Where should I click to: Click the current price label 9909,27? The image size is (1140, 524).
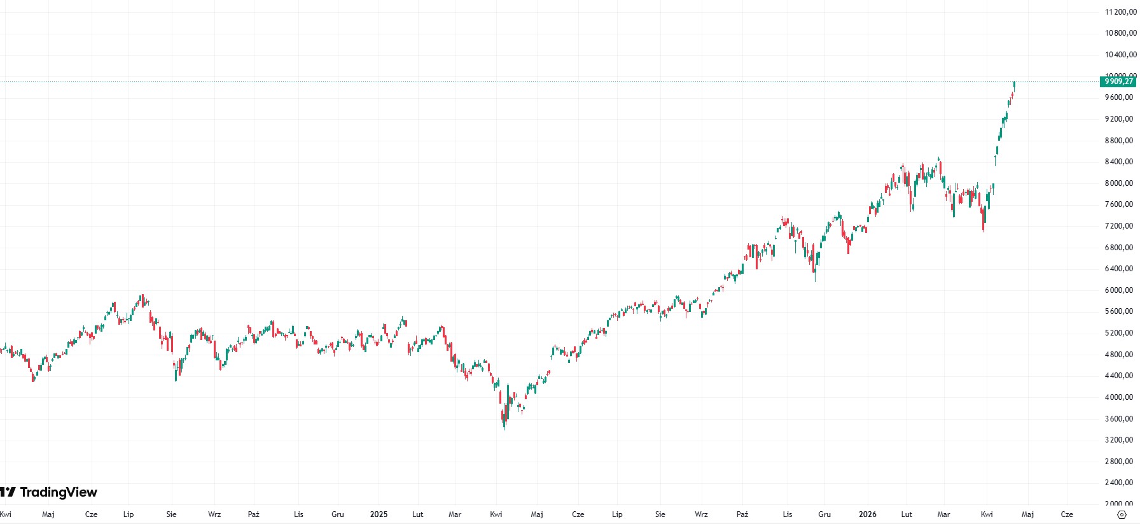1118,81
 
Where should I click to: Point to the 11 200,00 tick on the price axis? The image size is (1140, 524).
1119,12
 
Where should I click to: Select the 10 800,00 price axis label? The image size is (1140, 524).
1119,33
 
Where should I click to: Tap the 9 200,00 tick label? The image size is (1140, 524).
1119,119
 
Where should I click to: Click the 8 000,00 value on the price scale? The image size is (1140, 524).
1119,183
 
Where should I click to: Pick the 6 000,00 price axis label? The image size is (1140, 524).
1119,290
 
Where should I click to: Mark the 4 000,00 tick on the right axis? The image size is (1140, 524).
1119,397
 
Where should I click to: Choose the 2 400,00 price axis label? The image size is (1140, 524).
1119,483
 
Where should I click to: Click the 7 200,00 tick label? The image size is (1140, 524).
1119,226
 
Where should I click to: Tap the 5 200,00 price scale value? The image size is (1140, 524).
1119,333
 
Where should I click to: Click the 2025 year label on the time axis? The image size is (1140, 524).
379,514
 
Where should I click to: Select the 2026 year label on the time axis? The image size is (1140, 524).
867,514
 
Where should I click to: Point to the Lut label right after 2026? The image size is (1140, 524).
907,514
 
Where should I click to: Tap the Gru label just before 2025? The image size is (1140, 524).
338,514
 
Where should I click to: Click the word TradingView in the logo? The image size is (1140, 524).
59,492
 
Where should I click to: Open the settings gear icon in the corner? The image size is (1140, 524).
1122,514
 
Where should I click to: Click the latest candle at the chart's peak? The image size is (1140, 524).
1014,85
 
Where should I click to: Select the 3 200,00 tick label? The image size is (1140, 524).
1119,440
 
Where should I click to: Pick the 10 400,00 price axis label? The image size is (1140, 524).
1119,55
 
